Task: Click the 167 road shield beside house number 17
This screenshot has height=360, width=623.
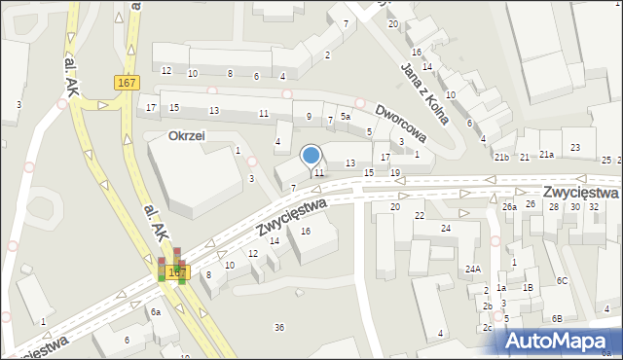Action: (125, 83)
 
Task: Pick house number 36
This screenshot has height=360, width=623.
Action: (279, 327)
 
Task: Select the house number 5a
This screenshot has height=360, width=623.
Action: (346, 117)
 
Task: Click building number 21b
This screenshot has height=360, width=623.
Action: (500, 157)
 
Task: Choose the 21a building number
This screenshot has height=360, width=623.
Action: (547, 155)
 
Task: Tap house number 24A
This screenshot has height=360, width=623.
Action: (473, 269)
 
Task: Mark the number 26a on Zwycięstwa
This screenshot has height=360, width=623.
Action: (509, 206)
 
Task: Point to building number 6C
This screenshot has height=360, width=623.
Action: (563, 280)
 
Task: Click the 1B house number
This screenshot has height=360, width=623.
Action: (528, 288)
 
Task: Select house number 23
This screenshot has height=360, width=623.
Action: (575, 147)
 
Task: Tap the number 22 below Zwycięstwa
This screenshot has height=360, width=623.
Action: (420, 215)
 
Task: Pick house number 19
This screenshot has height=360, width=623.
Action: (394, 172)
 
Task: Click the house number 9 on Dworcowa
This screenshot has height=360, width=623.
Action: (309, 117)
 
